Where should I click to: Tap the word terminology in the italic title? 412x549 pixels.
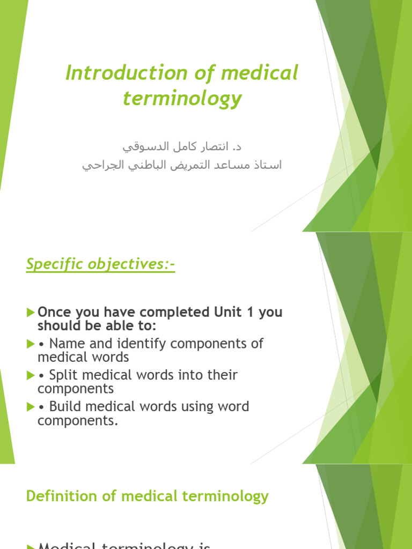[182, 99]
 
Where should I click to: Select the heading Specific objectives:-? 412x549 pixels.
[100, 265]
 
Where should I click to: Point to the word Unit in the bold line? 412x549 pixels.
[223, 312]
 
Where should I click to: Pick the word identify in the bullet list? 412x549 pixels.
[136, 344]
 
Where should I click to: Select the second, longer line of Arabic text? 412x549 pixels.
[182, 165]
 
